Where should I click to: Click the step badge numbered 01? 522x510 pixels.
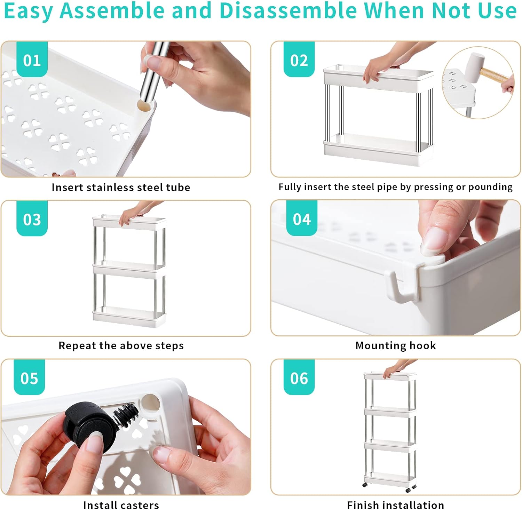tap(32, 59)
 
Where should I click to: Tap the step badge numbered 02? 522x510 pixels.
tap(299, 59)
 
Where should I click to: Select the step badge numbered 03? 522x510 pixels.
tap(32, 218)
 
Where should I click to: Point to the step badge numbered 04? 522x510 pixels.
tap(302, 218)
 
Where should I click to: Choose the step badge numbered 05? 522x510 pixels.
tap(29, 377)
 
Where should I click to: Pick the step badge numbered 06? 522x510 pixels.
tap(299, 377)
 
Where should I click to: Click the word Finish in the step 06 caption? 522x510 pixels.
tap(363, 505)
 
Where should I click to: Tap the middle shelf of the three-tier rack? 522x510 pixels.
tap(129, 270)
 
